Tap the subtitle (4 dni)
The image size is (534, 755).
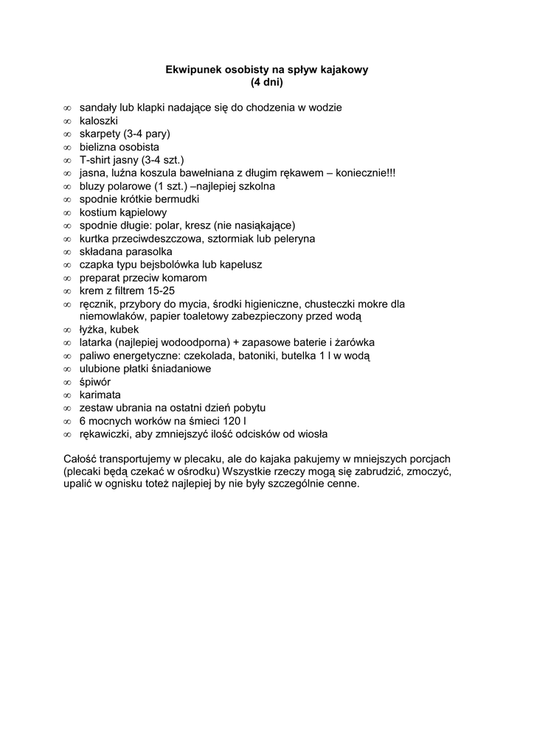[x=266, y=82]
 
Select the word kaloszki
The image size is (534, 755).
[x=99, y=120]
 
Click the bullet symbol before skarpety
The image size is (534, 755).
[x=67, y=133]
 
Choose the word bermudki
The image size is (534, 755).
[x=176, y=199]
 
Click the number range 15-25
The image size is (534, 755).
[x=161, y=291]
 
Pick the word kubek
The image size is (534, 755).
[x=125, y=330]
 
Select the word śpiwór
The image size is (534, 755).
[x=95, y=382]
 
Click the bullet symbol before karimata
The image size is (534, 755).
[x=67, y=395]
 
